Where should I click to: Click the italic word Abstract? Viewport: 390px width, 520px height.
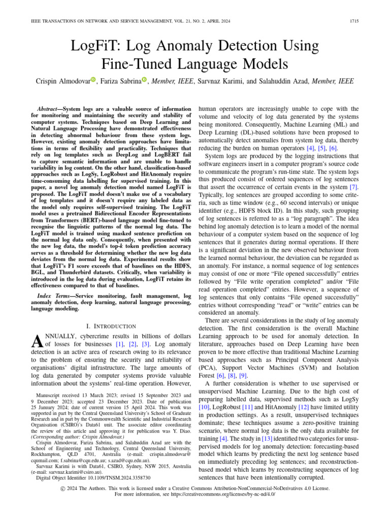[x=52, y=110]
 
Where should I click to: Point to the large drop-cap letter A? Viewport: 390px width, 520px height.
[x=30, y=342]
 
